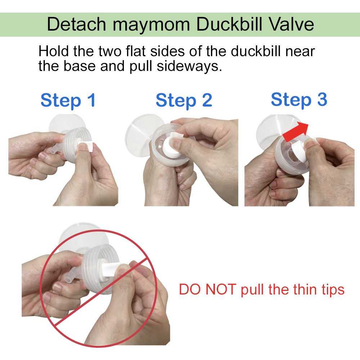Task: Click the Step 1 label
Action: pyautogui.click(x=68, y=100)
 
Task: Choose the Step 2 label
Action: pyautogui.click(x=184, y=100)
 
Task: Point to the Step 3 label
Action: pyautogui.click(x=299, y=99)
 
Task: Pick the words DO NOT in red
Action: pyautogui.click(x=207, y=289)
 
